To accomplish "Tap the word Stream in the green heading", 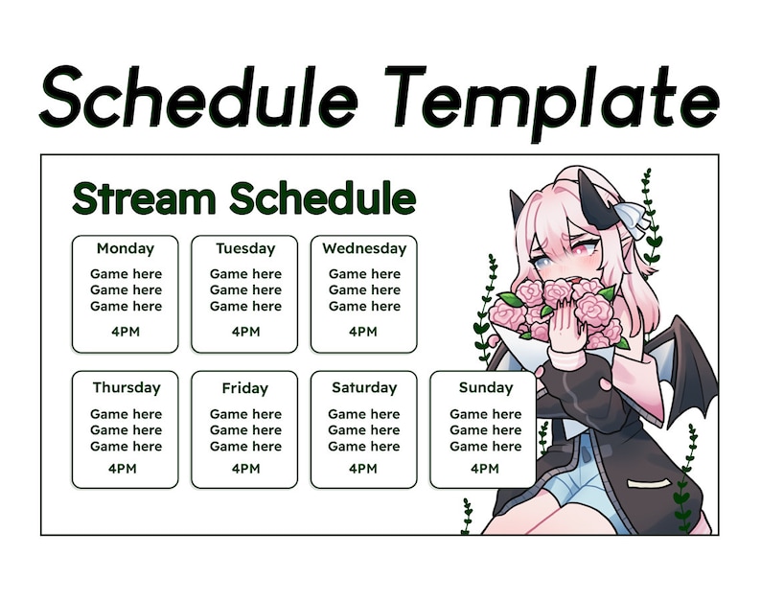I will coord(144,199).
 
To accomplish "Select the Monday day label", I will coord(125,248).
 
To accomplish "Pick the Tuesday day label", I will coord(244,248).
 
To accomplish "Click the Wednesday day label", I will coord(363,248).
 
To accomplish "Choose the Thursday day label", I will coord(126,388).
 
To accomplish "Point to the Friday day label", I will coord(244,389).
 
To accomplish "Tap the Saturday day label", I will coord(363,388).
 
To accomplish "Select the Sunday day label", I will coord(484,388).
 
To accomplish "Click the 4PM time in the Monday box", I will coord(125,332).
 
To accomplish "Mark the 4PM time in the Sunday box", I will coord(484,469).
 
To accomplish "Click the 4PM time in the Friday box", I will coord(244,469).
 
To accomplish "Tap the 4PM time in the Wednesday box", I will coord(363,332).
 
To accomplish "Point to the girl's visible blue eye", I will coord(542,260).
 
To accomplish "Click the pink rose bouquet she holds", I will coord(556,307).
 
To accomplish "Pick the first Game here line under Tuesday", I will coord(244,274).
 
